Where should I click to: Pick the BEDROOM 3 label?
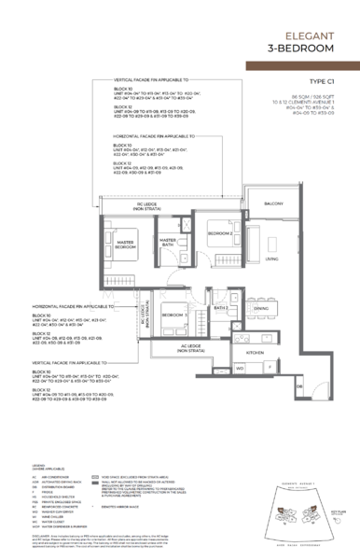coord(173,315)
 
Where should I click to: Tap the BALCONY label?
coord(274,203)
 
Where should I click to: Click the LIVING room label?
coord(270,259)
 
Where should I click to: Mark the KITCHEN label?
coord(256,354)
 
